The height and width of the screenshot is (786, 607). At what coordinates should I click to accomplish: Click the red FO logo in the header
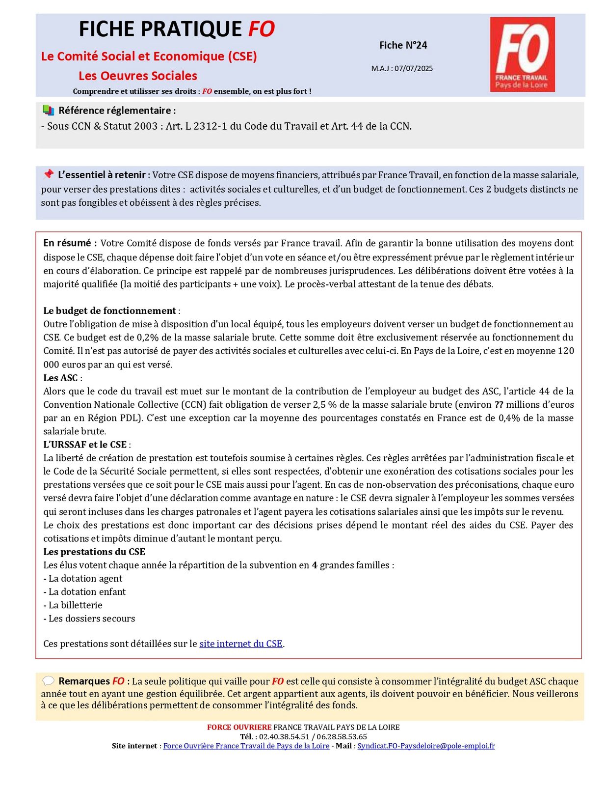[522, 55]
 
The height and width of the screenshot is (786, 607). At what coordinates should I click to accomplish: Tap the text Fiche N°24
[403, 45]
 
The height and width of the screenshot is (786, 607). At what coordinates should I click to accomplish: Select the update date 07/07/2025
[413, 68]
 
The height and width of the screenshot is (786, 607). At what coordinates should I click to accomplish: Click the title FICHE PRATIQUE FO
[177, 29]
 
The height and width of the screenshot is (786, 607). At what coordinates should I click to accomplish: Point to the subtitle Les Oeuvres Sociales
[138, 76]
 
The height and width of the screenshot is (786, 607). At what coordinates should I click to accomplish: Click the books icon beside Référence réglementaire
[48, 110]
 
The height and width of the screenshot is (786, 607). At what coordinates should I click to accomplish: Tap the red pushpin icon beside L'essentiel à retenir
[48, 174]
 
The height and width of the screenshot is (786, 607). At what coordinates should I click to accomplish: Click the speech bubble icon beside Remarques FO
[48, 681]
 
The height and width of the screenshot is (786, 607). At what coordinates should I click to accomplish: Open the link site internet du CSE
[240, 644]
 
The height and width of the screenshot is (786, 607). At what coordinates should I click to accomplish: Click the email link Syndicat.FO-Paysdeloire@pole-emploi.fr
[426, 746]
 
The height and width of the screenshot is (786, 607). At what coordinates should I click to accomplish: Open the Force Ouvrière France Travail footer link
[246, 746]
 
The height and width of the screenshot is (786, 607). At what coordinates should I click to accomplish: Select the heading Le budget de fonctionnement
[109, 310]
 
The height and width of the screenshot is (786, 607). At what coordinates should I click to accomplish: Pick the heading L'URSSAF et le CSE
[85, 445]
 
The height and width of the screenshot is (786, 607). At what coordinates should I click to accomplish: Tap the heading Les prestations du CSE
[94, 552]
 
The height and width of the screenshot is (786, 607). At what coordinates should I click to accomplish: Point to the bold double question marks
[499, 404]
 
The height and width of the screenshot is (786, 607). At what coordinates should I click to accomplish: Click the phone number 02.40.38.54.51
[284, 736]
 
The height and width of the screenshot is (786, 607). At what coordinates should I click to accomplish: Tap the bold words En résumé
[67, 243]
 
